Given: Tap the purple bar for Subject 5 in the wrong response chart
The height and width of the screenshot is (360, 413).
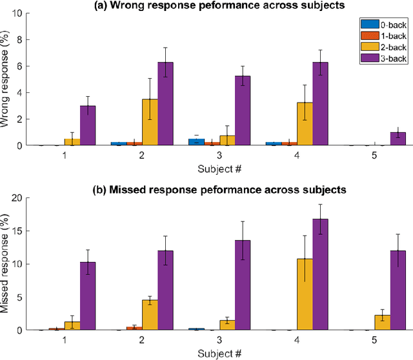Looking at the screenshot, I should tap(398, 139).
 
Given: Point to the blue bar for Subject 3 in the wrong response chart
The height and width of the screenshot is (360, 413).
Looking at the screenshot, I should tap(196, 142).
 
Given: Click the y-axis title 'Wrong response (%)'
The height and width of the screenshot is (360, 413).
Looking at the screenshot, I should tap(6, 79).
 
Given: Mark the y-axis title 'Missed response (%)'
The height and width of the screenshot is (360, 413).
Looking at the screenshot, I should tap(6, 264).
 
